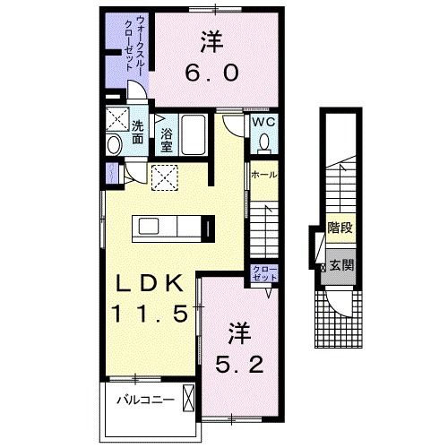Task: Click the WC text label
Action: point(262,123)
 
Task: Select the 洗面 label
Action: point(138,132)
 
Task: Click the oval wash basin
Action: point(115,145)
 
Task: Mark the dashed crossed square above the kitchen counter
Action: point(163,178)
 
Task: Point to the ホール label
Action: point(264,175)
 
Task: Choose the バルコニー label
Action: point(142,400)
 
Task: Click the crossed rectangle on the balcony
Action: point(187,397)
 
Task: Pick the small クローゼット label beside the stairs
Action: point(263,274)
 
